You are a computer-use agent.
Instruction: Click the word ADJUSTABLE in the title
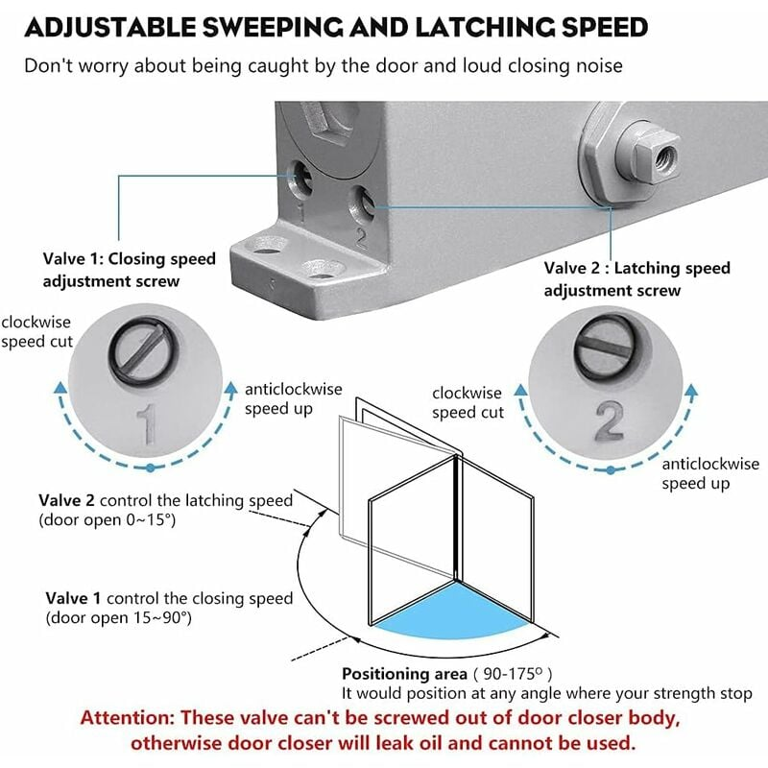(x=110, y=27)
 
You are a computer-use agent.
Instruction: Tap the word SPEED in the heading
(x=605, y=27)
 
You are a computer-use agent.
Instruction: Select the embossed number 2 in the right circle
(x=610, y=420)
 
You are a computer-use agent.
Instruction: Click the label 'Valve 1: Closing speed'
(x=130, y=258)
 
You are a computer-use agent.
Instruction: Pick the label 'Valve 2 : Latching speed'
(x=636, y=268)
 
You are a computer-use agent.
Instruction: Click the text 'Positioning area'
(x=404, y=675)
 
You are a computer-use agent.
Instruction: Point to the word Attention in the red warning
(x=128, y=718)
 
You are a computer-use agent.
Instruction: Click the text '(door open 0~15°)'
(x=108, y=519)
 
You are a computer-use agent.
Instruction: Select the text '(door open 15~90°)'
(x=118, y=617)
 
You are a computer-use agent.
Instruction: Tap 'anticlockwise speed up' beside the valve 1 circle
(x=294, y=398)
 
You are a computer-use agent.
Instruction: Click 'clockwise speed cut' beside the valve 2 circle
(x=468, y=402)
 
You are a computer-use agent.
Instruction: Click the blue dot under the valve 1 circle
(x=151, y=468)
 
